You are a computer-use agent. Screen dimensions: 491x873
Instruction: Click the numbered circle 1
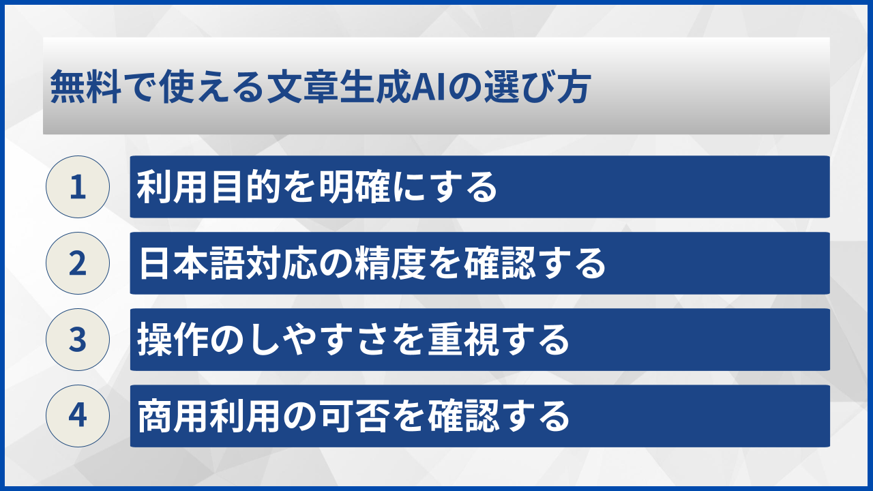click(x=78, y=187)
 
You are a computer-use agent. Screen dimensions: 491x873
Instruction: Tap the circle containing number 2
click(x=78, y=263)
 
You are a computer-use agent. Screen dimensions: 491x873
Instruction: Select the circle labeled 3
click(x=78, y=340)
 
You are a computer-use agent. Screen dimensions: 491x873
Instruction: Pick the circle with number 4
click(x=78, y=416)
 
